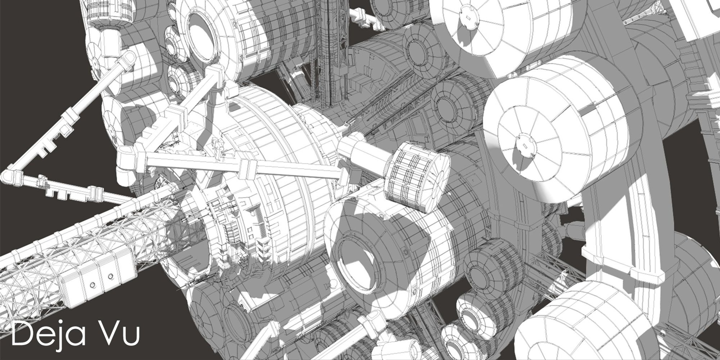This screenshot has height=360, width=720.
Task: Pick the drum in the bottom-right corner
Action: [562, 328]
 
